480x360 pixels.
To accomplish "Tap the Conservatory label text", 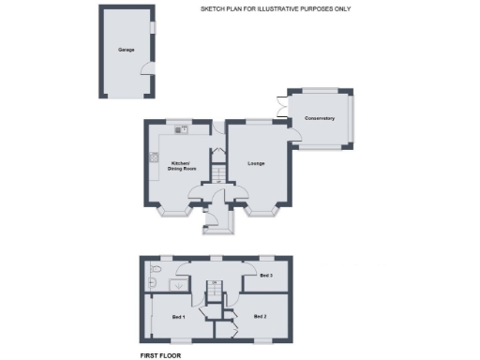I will coord(319,118).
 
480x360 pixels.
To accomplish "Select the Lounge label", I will coord(256,164).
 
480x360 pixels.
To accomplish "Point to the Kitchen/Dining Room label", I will coord(183,167).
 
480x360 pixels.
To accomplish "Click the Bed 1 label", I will coord(178,319).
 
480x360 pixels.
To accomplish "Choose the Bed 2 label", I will coord(261,317).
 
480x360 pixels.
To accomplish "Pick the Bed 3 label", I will coord(266,276).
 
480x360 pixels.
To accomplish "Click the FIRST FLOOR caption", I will coord(160,355).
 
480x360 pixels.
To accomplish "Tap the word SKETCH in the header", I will coord(211,8).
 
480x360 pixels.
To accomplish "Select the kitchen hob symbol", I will coord(151,157).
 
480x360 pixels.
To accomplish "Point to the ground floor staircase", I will coord(216,174).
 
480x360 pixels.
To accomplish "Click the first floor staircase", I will coord(213,292).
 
